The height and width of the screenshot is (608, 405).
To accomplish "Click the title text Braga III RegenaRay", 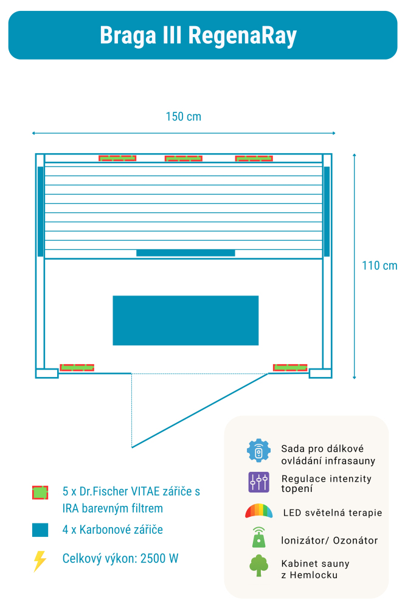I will [198, 35].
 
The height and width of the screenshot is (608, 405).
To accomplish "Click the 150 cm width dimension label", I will [183, 116].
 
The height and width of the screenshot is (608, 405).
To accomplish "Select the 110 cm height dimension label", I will [379, 266].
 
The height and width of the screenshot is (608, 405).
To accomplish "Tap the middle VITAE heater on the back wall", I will [184, 159].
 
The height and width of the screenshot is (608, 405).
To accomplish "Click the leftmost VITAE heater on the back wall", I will [117, 159].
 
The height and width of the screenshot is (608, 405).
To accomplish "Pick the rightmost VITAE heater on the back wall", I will [254, 159].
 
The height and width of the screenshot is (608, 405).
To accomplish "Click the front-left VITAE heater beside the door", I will [77, 367].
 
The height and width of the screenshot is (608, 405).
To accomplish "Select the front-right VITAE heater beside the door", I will [290, 367].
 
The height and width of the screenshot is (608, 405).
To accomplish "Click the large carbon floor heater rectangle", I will [185, 320].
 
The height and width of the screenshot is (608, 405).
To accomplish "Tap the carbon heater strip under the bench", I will [185, 253].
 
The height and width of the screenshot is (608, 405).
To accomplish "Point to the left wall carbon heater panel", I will [41, 211].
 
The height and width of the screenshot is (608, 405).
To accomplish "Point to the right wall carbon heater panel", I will [327, 211].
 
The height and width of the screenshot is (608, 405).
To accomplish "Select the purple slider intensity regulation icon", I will [258, 482].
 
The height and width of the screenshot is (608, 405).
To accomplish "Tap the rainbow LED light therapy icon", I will [258, 511].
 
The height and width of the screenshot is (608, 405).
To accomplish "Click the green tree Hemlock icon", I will [258, 566].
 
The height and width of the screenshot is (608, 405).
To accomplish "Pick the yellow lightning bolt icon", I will [40, 561].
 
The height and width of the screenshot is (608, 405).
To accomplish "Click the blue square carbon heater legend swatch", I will [40, 530].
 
